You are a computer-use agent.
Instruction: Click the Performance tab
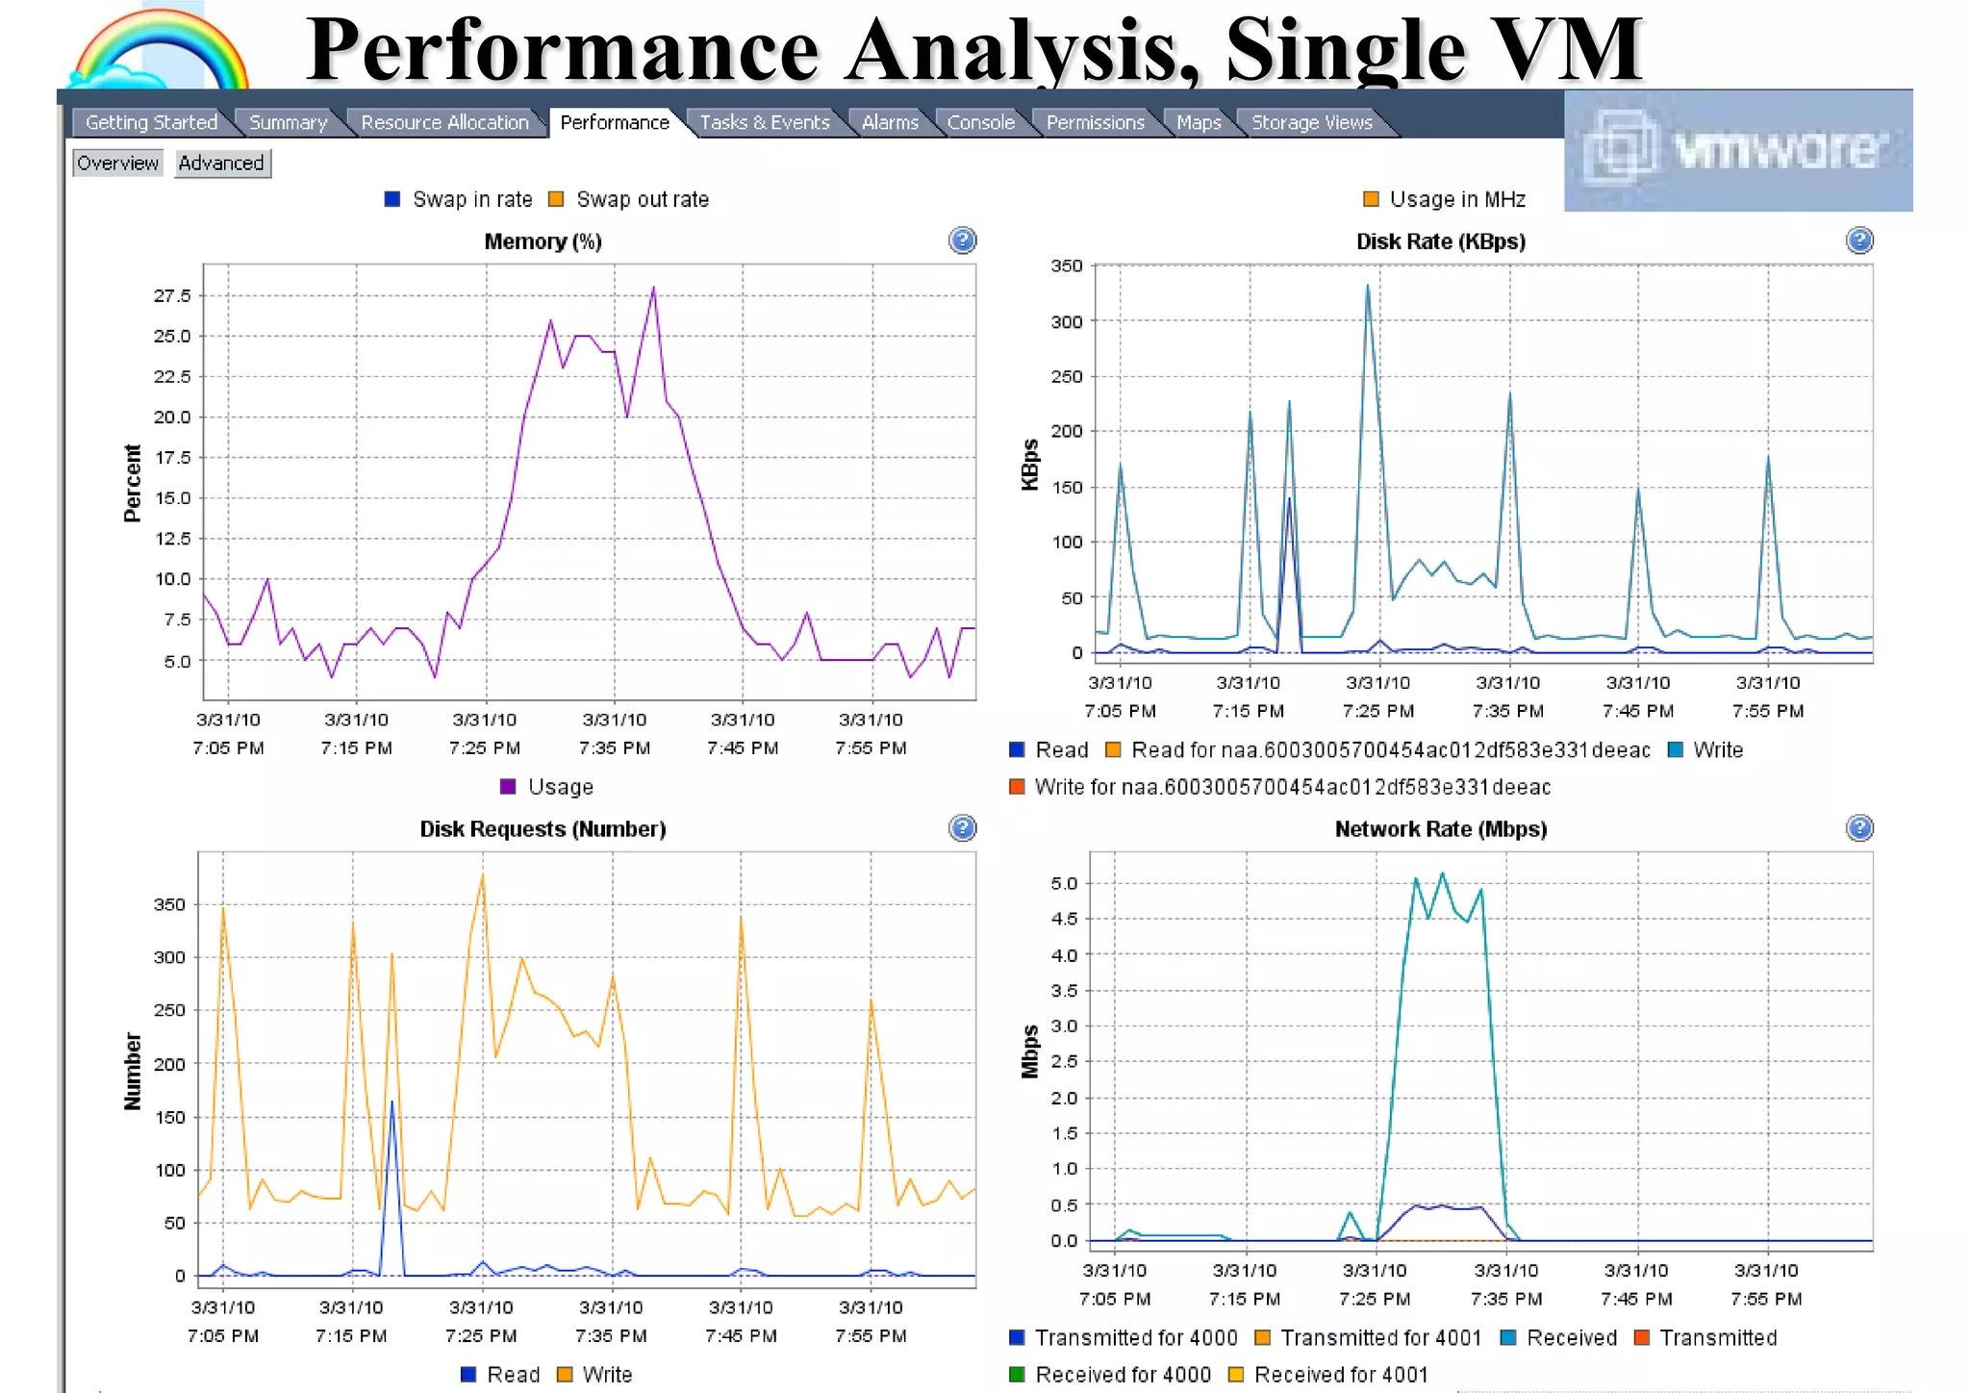point(614,122)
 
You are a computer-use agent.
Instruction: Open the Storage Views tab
point(1311,122)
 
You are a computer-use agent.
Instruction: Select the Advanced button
point(221,163)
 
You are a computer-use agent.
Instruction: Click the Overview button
point(117,163)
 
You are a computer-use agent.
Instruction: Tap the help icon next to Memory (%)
point(962,241)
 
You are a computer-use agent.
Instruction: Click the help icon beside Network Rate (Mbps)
point(1859,828)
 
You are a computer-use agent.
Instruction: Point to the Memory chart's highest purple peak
point(654,288)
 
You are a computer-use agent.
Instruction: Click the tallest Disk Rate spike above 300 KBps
point(1368,286)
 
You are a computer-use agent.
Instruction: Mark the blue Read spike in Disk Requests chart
point(391,1103)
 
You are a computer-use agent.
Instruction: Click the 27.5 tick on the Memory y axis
point(172,295)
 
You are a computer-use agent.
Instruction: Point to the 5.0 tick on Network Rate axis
point(1064,883)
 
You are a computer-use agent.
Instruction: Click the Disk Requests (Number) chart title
point(543,829)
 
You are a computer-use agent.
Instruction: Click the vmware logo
point(1737,151)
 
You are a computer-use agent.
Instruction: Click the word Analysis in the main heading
point(1021,50)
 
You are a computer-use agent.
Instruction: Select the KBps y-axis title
point(1030,465)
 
